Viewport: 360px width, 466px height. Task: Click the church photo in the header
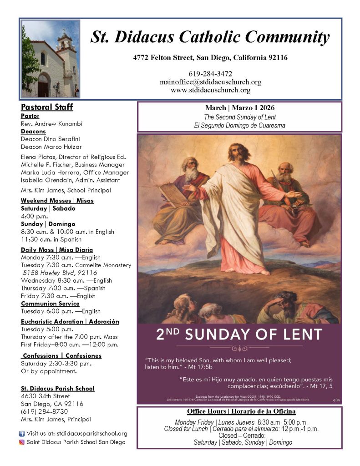(x=50, y=59)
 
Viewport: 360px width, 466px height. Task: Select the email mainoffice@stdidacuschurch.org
(x=210, y=82)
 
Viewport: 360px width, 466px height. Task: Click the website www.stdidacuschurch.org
(x=210, y=90)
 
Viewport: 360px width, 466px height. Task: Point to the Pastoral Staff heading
(x=47, y=107)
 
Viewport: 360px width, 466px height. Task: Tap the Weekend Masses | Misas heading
(x=57, y=201)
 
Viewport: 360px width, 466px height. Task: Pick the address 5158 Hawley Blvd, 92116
(x=60, y=273)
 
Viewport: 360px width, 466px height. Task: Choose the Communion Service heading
(x=50, y=304)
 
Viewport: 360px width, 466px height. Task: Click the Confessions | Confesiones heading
(x=62, y=355)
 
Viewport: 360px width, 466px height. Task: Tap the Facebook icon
(x=21, y=434)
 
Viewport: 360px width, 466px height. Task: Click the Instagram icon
(x=21, y=442)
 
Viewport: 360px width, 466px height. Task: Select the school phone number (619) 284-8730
(x=42, y=411)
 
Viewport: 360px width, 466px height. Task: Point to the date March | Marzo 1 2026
(x=239, y=108)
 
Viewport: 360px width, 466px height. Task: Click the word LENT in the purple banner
(x=302, y=335)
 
